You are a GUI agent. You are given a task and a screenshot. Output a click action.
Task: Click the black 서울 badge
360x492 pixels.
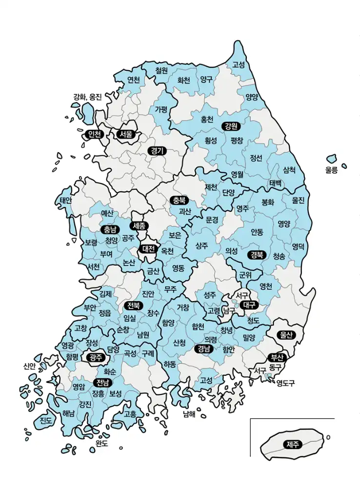click(125, 134)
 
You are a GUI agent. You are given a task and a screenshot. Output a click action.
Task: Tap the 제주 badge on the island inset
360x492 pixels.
click(293, 444)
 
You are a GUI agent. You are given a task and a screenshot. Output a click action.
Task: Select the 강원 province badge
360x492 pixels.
click(231, 126)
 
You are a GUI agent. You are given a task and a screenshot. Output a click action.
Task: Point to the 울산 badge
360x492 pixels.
click(284, 335)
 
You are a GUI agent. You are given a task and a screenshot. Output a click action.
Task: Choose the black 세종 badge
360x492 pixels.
click(140, 226)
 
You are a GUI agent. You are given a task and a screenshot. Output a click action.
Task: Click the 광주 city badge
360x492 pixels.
click(96, 357)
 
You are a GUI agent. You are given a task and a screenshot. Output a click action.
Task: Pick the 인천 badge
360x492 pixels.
click(93, 134)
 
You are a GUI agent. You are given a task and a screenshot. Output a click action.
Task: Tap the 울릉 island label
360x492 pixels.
click(331, 170)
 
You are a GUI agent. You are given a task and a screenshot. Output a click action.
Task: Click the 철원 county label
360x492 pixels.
click(161, 71)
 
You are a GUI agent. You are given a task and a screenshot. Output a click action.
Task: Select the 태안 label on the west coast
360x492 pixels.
click(66, 201)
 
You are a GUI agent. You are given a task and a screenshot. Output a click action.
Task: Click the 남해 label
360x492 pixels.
click(189, 414)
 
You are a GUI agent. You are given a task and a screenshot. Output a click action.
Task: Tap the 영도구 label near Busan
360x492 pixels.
click(286, 383)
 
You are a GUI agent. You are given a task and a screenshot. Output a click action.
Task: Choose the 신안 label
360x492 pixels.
click(29, 366)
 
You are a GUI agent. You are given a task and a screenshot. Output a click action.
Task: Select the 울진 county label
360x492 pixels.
click(298, 200)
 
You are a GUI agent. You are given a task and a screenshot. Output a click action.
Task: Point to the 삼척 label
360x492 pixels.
click(289, 170)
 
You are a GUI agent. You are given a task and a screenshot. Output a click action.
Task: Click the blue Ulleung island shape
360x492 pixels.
click(332, 159)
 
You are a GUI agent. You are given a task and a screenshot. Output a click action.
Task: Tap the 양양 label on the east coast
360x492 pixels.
click(252, 97)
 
